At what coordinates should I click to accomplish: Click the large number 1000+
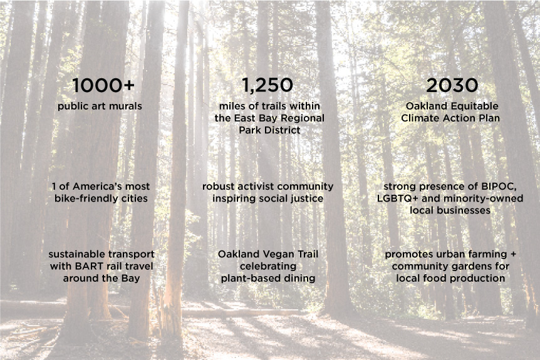click(103, 85)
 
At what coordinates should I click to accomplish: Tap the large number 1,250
click(267, 85)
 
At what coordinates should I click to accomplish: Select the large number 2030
click(452, 85)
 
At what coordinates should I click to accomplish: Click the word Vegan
click(278, 254)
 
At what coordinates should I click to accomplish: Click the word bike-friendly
click(85, 198)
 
